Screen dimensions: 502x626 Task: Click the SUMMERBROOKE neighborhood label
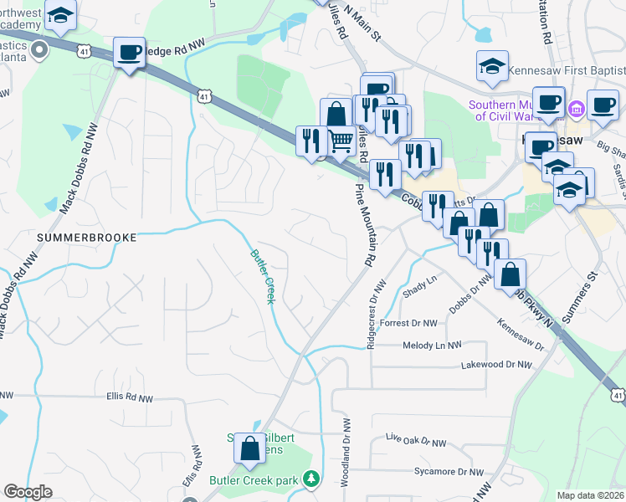point(86,238)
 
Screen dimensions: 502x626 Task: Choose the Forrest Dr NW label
point(408,323)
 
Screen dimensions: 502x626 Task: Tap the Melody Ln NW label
point(432,345)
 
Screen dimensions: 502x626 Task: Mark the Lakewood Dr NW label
point(496,365)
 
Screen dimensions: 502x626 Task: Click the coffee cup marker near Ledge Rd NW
point(128,53)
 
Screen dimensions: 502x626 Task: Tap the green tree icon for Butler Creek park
point(312,479)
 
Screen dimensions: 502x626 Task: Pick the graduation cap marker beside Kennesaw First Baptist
point(492,66)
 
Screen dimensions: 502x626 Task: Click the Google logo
point(28,492)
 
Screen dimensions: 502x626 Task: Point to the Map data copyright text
point(590,495)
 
